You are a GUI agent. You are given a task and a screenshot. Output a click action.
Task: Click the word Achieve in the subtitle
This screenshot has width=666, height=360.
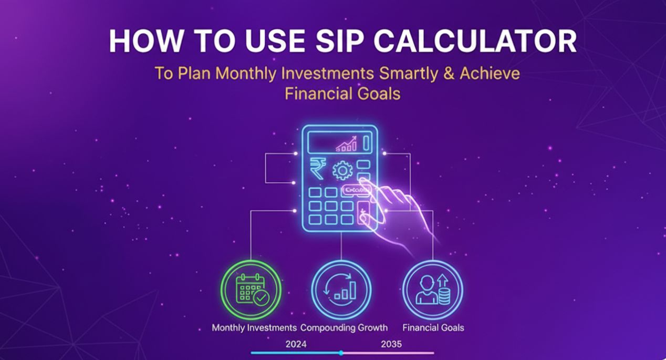coord(490,73)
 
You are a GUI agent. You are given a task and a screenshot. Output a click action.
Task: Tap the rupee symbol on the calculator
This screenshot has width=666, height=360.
coord(317,168)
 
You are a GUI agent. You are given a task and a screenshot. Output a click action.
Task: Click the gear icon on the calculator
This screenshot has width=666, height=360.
coord(342,171)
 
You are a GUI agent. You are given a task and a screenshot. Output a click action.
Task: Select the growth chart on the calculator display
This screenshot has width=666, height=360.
coord(346,143)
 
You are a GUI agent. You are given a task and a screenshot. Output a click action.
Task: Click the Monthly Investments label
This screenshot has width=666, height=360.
coord(254,327)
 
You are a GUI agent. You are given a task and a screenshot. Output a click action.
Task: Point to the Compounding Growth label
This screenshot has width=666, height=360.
coord(344,327)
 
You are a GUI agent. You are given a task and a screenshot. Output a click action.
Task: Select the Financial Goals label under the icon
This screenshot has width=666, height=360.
coord(433,327)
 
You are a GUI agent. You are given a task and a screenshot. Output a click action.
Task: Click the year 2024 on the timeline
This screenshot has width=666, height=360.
coord(296,344)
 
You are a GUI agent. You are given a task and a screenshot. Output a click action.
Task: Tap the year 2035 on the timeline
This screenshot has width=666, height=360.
coord(391,344)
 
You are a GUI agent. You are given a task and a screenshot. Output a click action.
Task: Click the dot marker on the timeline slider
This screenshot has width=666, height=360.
coord(341,353)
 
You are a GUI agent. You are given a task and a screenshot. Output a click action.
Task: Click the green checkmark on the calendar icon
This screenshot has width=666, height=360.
coord(261,298)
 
